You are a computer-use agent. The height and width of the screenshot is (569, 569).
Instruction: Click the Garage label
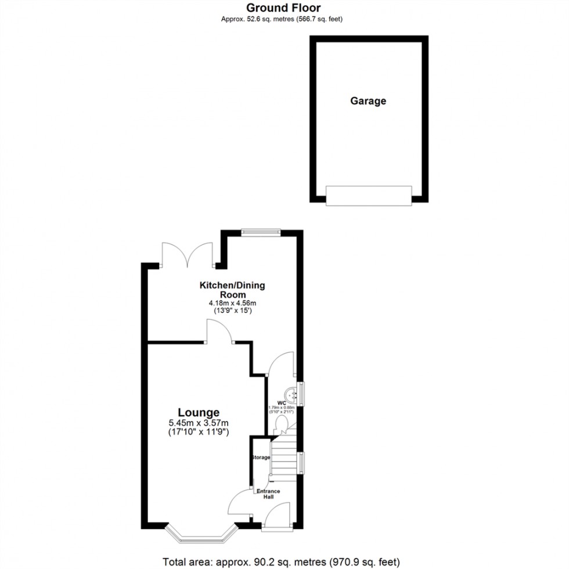click(x=368, y=100)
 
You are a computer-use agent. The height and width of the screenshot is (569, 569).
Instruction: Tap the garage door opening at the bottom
click(x=369, y=196)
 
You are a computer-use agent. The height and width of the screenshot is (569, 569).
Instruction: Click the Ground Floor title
click(x=283, y=8)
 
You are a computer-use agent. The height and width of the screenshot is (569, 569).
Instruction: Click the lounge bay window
click(x=201, y=534)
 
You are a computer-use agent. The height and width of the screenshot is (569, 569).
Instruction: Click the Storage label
click(x=261, y=458)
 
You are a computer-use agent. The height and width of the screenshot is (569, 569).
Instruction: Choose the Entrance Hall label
click(x=268, y=495)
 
